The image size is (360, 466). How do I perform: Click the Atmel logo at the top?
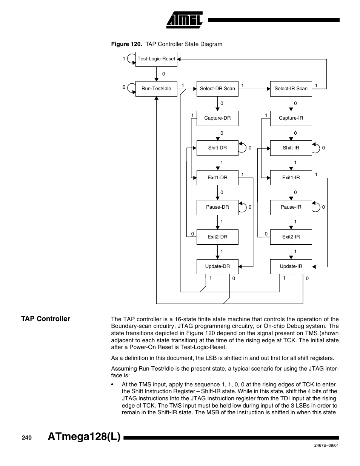pos(185,20)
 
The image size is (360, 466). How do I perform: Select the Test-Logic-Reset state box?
pos(156,59)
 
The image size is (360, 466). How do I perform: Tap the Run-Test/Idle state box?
pos(156,89)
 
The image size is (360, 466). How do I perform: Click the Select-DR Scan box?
pos(217,89)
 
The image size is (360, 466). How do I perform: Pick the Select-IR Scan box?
pos(291,89)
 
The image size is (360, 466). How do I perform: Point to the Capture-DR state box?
pos(217,118)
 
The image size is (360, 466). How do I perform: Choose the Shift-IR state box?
pos(291,148)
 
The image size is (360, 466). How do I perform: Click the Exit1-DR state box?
pos(217,178)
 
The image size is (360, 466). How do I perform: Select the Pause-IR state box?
pos(291,207)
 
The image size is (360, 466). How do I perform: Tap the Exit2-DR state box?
pos(217,237)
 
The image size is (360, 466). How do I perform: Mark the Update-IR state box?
pos(291,266)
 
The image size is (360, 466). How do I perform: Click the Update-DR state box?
pos(217,266)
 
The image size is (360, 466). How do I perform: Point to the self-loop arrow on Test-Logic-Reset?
pos(131,59)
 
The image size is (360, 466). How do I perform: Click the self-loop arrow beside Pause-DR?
pos(243,207)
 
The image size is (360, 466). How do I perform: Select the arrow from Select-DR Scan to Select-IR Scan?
pos(254,89)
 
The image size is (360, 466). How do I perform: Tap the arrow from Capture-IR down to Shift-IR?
pos(291,133)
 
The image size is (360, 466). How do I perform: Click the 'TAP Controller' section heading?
pos(46,319)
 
